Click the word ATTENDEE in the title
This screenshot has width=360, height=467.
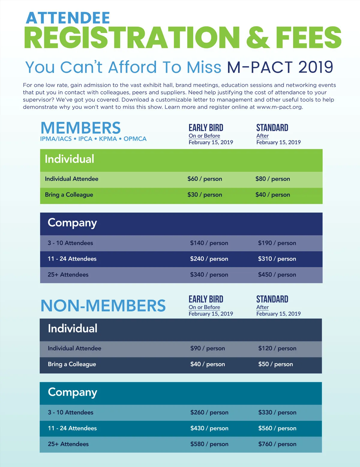pyautogui.click(x=68, y=18)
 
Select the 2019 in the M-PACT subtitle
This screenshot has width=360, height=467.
pyautogui.click(x=316, y=67)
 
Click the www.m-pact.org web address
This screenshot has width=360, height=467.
pyautogui.click(x=280, y=107)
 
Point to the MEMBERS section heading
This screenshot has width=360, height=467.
pyautogui.click(x=81, y=128)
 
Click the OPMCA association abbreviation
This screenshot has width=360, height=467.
pyautogui.click(x=135, y=139)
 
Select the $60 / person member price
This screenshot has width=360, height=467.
pyautogui.click(x=205, y=179)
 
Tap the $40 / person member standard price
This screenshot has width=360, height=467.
pyautogui.click(x=272, y=195)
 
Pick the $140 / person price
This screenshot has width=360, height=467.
pyautogui.click(x=209, y=243)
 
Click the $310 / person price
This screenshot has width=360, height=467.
pyautogui.click(x=277, y=259)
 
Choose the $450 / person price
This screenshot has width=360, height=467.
pyautogui.click(x=277, y=275)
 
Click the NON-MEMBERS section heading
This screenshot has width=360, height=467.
pyautogui.click(x=103, y=306)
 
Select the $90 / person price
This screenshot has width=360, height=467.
pyautogui.click(x=207, y=348)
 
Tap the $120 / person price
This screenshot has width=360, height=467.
pyautogui.click(x=277, y=348)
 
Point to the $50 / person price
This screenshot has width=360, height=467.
pyautogui.click(x=275, y=364)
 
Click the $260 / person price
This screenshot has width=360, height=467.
pyautogui.click(x=209, y=412)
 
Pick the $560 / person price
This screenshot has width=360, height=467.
pyautogui.click(x=277, y=428)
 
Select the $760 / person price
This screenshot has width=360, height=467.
pyautogui.click(x=277, y=444)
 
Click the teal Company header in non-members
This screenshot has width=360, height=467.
pyautogui.click(x=73, y=392)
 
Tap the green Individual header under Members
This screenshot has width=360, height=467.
pyautogui.click(x=70, y=159)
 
